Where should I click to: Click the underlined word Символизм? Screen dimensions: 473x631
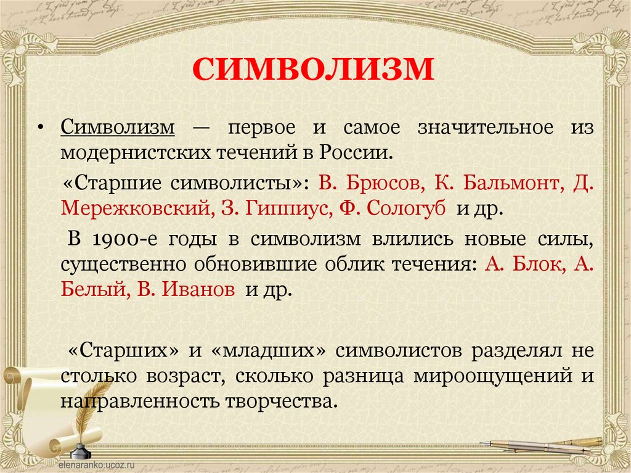coord(118,128)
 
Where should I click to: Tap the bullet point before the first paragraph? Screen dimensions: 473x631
coord(40,127)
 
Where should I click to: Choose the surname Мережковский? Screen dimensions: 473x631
coord(136,207)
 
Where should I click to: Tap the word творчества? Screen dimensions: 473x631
coord(295,401)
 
